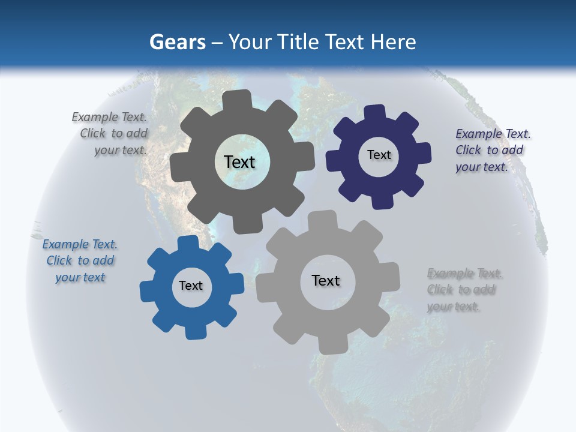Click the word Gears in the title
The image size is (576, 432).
(177, 42)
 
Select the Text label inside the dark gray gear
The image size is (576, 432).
(239, 162)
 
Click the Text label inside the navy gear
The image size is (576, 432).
(379, 155)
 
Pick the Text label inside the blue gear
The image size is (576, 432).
(191, 286)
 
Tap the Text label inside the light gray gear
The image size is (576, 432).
(326, 280)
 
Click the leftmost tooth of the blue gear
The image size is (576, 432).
(147, 290)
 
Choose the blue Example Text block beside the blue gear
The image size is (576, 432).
(80, 260)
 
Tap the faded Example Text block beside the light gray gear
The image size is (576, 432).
(463, 290)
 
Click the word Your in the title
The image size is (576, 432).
(251, 42)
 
